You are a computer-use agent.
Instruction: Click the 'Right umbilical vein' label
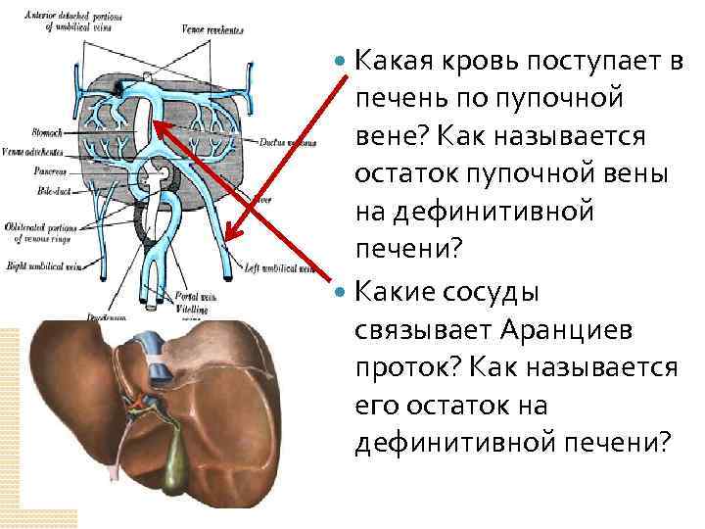[45, 264]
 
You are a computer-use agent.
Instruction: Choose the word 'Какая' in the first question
[401, 62]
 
